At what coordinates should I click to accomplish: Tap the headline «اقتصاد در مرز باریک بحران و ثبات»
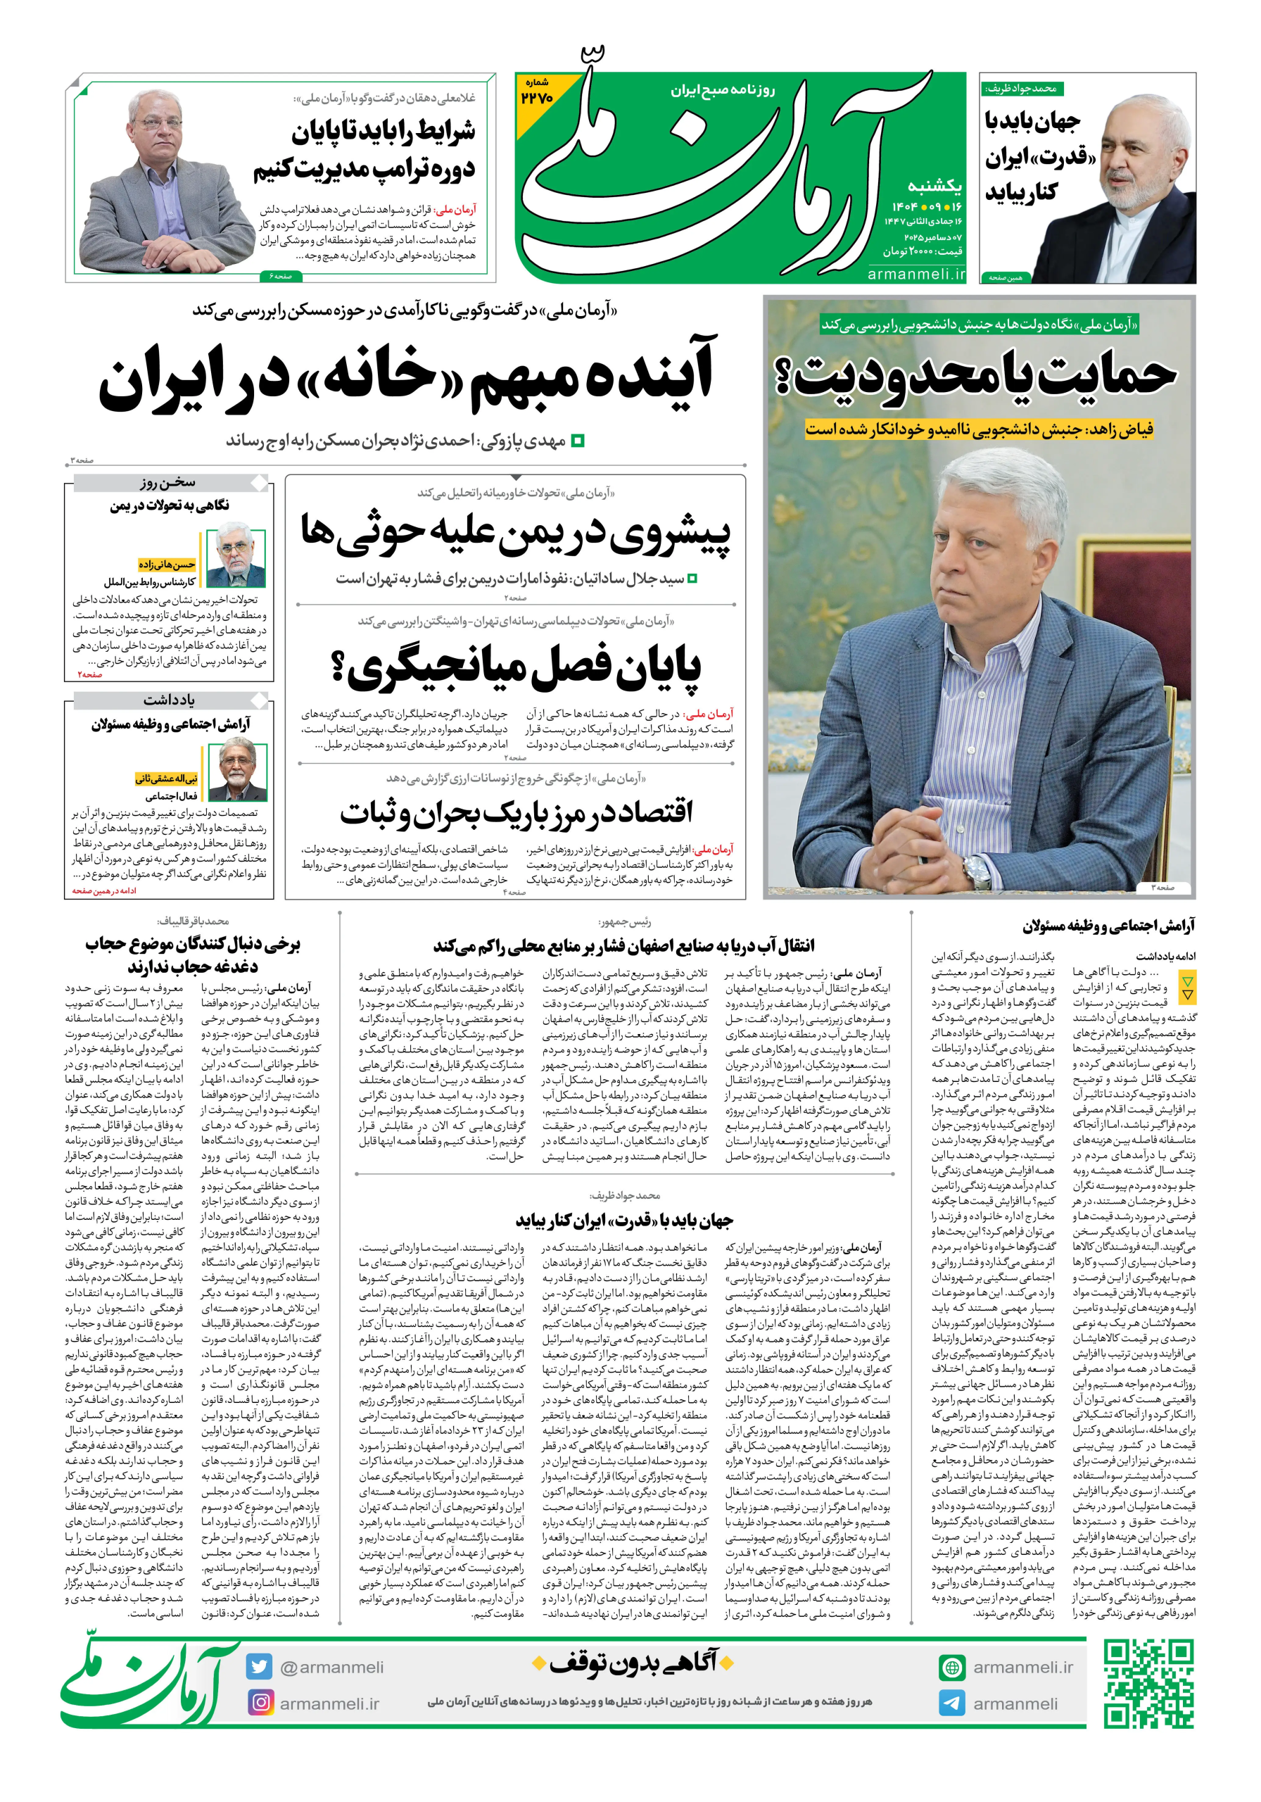(x=516, y=812)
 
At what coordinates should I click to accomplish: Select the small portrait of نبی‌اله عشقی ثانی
(x=236, y=773)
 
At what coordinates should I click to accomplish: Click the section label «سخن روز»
(x=168, y=482)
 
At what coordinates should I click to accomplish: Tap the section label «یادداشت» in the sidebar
(x=168, y=699)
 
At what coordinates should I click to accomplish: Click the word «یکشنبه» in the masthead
(x=934, y=185)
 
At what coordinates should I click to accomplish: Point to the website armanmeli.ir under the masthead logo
(x=915, y=274)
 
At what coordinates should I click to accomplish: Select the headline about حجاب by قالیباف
(x=192, y=954)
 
